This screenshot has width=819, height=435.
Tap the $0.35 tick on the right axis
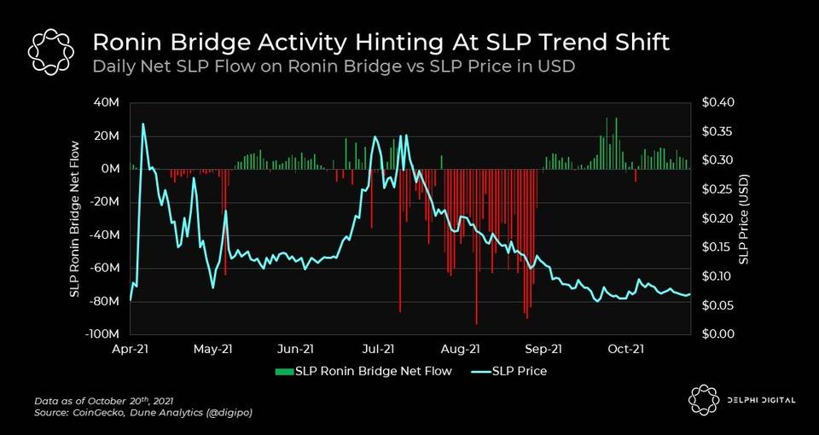[713, 131]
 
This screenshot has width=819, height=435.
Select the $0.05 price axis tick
[713, 305]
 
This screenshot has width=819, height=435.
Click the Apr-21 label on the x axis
[130, 348]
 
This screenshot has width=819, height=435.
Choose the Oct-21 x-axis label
[625, 348]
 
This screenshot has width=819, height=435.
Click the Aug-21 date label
[461, 348]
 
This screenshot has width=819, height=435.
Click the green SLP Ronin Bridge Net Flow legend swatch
[283, 371]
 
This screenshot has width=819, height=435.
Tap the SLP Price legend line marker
[479, 371]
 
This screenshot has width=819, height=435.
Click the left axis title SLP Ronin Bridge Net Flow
[74, 219]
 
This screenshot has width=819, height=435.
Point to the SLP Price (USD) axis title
[743, 219]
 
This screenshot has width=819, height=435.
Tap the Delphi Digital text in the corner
[755, 401]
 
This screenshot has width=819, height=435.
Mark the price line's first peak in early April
[142, 125]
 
